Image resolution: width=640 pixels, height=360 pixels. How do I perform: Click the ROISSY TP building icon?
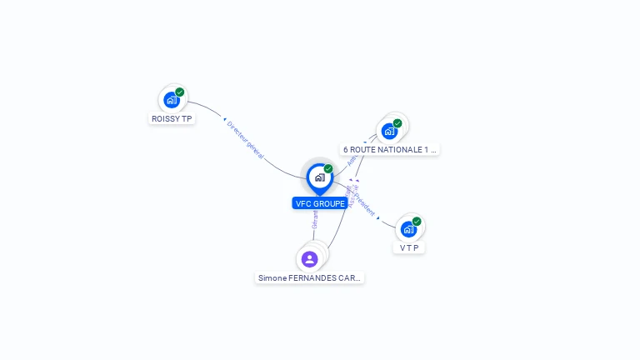pos(172,100)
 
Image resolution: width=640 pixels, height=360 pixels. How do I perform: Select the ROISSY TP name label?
pos(172,119)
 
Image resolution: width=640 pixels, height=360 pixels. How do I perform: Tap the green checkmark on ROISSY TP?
pos(180,92)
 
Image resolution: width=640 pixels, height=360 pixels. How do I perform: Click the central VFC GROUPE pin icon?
pos(319,177)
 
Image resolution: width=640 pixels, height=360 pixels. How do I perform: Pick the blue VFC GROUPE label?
pos(320,203)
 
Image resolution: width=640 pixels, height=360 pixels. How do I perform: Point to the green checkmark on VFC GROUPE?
pos(328,168)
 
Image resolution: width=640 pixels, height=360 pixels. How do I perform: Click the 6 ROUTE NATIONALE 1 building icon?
pos(389,131)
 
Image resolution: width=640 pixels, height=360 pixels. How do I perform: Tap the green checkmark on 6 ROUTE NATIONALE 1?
pos(397,123)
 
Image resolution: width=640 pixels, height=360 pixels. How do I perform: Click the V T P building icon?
pos(408,229)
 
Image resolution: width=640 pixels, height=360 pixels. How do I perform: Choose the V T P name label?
pos(408,248)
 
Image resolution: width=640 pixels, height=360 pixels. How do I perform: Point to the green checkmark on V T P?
pos(417,222)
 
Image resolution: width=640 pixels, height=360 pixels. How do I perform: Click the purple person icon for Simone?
pos(310,259)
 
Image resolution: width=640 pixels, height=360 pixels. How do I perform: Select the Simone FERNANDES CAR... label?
pos(310,277)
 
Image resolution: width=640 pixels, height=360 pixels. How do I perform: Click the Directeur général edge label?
pos(246,139)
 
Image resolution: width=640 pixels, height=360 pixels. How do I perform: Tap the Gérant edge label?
pos(315,219)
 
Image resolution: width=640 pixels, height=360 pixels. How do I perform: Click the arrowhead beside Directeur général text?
pos(225,120)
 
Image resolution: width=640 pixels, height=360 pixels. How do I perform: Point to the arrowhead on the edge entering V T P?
pos(378,217)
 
